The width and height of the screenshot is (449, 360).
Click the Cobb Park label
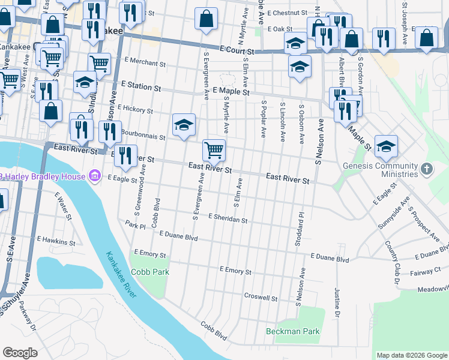pos(151,272)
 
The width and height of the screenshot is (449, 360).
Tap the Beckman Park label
pos(293,331)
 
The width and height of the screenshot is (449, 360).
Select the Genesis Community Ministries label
pos(380,170)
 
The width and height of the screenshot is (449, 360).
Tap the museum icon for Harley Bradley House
pos(94,176)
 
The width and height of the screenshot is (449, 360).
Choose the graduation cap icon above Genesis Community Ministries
pos(386,145)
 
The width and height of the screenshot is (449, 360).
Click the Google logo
pos(20,352)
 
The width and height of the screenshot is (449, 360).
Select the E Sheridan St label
pos(228,220)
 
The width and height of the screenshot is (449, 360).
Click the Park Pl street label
pos(136,226)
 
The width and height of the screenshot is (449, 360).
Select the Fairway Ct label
pos(429,271)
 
